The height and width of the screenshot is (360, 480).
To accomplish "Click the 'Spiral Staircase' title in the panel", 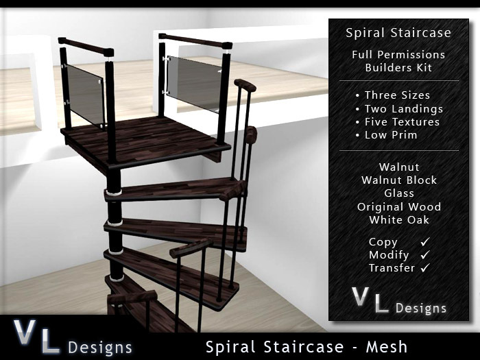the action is (398, 33).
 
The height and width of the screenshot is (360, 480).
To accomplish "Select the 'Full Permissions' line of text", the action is (398, 54).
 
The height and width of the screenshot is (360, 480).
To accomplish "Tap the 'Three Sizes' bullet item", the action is (397, 95).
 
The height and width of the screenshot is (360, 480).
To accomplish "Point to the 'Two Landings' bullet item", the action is (404, 109).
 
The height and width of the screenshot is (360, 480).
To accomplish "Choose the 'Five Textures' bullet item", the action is (402, 122).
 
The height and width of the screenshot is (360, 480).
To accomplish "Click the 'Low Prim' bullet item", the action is (391, 135).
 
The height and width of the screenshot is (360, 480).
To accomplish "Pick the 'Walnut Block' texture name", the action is (399, 180).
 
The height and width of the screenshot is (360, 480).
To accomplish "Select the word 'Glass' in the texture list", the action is (399, 193).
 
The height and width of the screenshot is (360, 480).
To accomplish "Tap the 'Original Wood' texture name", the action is (399, 206).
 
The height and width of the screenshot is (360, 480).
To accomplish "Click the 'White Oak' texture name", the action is (399, 220).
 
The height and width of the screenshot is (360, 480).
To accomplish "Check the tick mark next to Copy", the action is (425, 241).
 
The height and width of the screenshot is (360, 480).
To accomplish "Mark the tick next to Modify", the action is (425, 254).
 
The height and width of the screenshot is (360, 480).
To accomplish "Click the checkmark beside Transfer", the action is (425, 268).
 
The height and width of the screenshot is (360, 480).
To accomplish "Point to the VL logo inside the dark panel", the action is (370, 300).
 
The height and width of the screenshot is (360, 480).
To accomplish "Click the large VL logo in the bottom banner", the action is (36, 337).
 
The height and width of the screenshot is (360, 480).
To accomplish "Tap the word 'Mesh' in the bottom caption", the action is (387, 347).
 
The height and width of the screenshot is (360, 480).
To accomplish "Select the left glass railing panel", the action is (85, 94).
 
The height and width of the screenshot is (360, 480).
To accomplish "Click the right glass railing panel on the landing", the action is (193, 83).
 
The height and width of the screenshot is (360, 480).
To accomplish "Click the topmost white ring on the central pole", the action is (114, 193).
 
